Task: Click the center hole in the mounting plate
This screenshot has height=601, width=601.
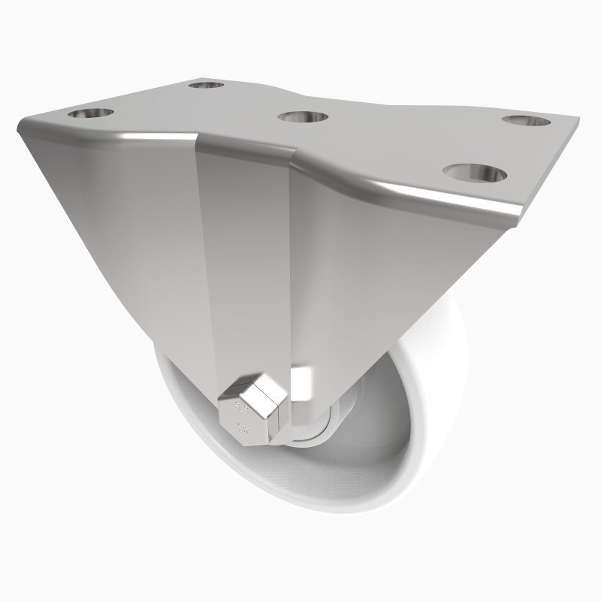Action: [x=303, y=118]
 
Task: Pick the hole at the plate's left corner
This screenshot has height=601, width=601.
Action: [x=91, y=115]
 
